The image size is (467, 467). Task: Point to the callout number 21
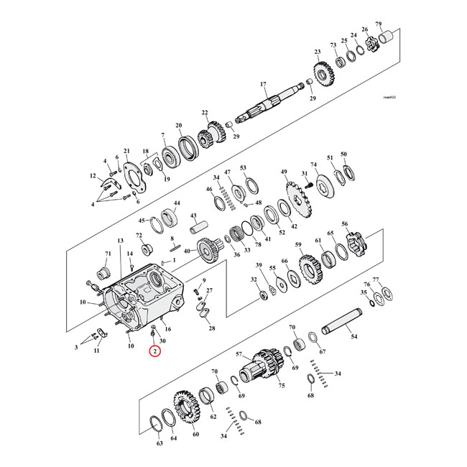click(126, 151)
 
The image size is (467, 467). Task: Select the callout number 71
click(108, 254)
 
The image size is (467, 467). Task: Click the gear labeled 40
click(211, 254)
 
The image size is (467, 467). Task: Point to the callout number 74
click(313, 165)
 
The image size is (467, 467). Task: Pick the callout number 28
click(211, 329)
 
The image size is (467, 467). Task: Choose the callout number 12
click(93, 176)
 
